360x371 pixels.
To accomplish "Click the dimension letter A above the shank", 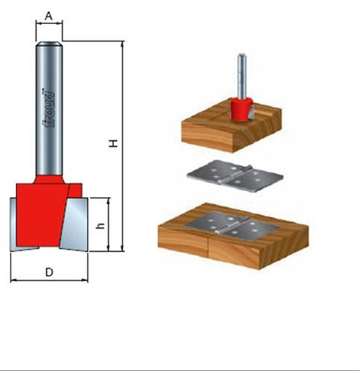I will [x=49, y=14].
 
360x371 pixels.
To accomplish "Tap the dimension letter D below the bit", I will [x=49, y=272].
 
